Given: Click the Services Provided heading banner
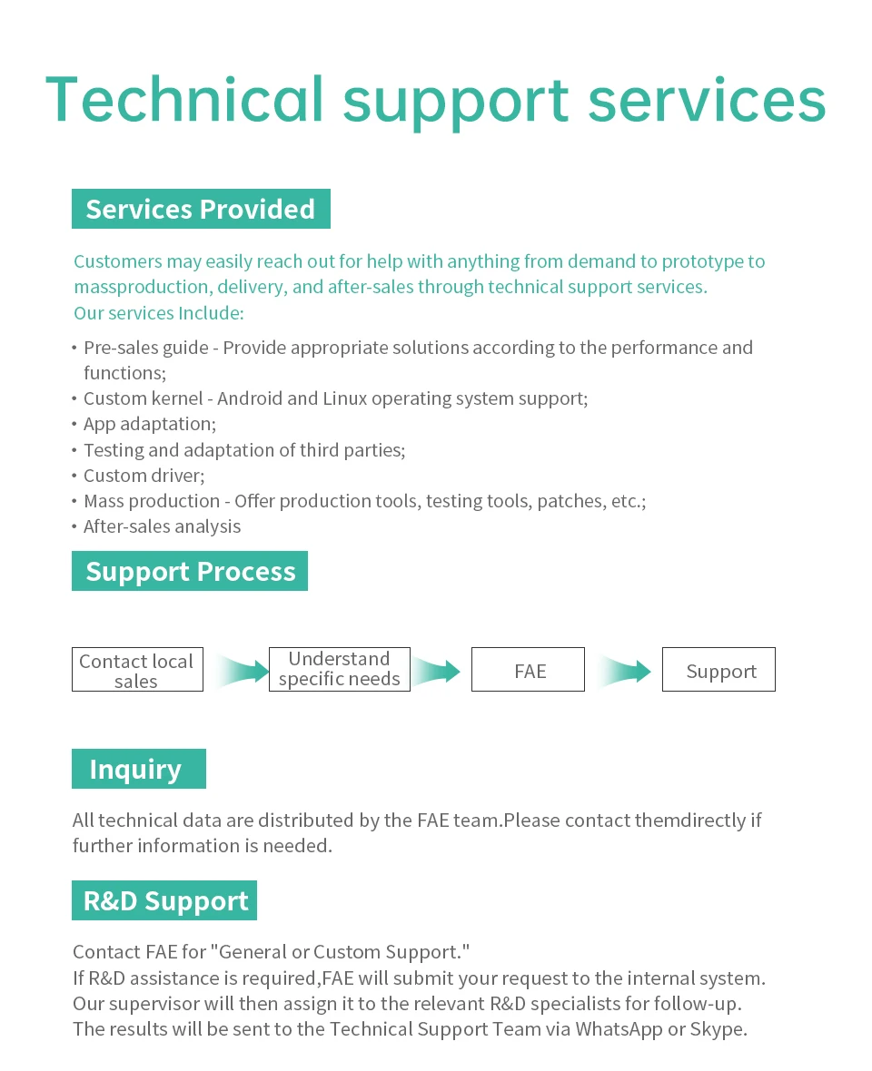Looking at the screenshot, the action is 201,209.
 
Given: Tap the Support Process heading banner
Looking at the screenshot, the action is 190,571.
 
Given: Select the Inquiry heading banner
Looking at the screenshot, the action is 139,769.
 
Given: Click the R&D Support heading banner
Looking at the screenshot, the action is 164,901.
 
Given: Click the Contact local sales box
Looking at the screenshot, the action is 137,670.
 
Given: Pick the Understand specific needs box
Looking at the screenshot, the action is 340,670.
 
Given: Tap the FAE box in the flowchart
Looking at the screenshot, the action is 529,670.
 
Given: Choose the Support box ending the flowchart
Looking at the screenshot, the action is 718,670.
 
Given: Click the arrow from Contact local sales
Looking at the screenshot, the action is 243,671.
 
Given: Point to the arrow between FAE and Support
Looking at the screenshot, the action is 625,671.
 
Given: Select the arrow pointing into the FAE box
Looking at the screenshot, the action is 434,671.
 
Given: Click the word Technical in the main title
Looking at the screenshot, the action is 184,101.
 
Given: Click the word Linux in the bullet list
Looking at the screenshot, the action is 345,398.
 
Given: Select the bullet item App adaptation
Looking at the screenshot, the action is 150,425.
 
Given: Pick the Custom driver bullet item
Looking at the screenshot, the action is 144,476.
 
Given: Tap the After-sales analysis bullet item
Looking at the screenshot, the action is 162,526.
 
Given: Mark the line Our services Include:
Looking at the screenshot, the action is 159,313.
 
